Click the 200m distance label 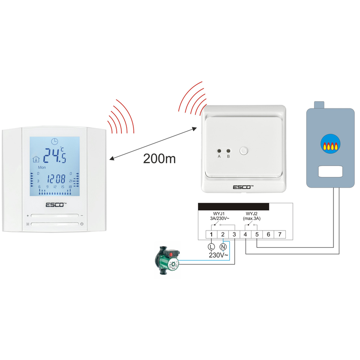coord(159,159)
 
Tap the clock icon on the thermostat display coord(54,141)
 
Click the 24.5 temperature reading coord(54,156)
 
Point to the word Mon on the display coord(42,168)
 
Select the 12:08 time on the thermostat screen coord(56,178)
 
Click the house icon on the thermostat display coord(36,159)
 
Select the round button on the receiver coord(244,151)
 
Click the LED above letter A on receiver coord(219,151)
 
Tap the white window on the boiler coord(331,172)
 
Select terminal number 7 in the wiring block coord(279,234)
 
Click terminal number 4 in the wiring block coord(245,234)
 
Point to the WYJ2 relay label coord(252,213)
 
